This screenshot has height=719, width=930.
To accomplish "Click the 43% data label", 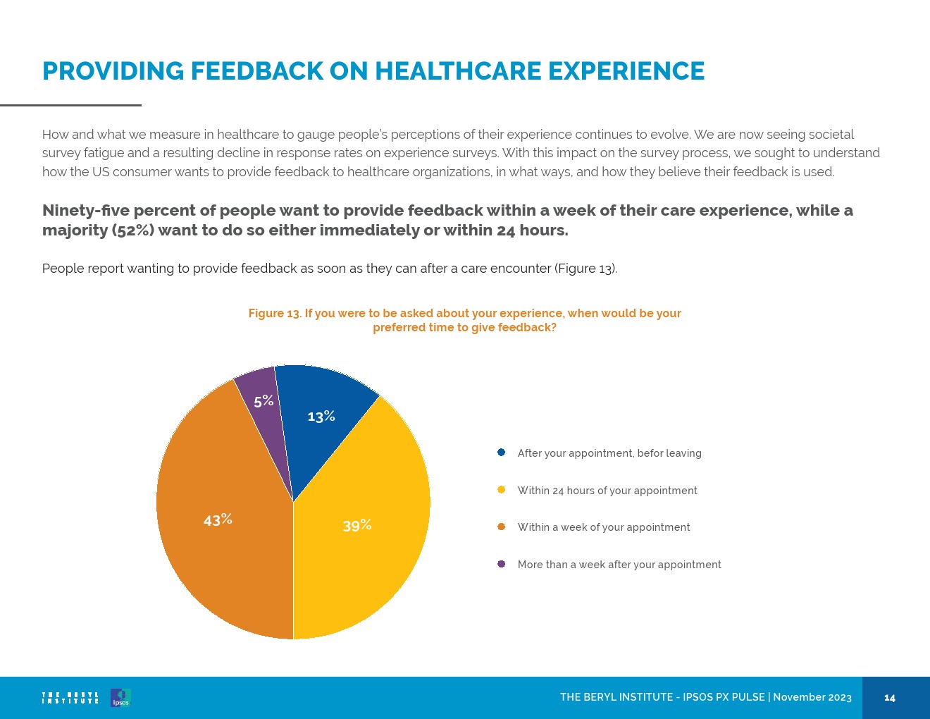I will point(218,520).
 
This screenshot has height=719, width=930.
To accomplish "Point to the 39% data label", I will point(357,526).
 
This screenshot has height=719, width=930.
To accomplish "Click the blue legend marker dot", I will point(501,453).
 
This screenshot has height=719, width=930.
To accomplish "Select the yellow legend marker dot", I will point(501,490).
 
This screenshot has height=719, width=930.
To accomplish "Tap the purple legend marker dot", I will point(501,564).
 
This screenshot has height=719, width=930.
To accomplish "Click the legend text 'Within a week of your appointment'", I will point(604,527).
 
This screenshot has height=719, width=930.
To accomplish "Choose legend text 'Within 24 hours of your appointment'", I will point(607,491).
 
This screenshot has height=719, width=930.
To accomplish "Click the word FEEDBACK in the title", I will point(256,71).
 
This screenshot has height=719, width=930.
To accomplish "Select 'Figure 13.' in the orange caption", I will point(274,313).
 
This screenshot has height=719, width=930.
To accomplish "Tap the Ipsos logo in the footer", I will point(120,698).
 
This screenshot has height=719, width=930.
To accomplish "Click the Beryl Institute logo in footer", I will point(70,698).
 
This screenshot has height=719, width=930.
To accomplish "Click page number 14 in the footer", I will point(890,698).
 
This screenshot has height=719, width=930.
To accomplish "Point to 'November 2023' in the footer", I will point(812,697).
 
